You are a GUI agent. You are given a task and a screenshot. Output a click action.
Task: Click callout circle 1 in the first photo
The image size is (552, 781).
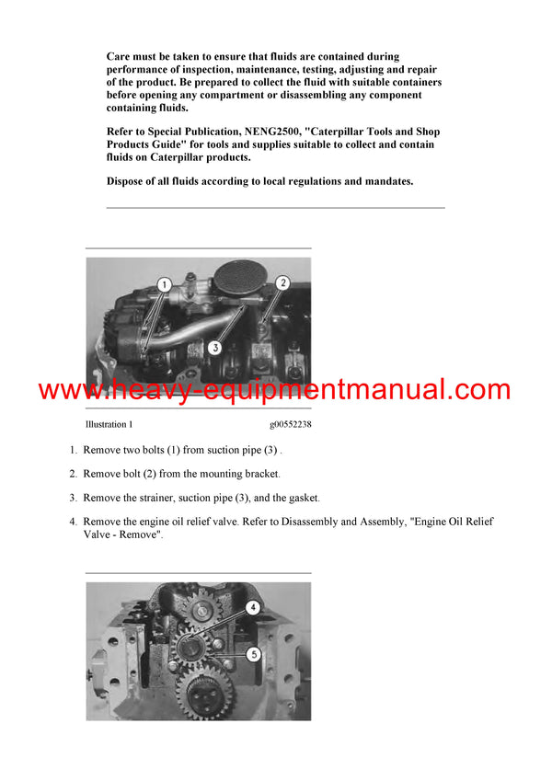pos(162,285)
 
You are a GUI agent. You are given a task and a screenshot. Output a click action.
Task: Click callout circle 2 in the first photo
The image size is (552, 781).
pos(283,283)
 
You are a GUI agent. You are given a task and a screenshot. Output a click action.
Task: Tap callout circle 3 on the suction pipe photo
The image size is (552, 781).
pos(214,348)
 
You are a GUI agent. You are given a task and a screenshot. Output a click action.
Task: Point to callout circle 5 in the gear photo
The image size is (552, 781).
pos(254,653)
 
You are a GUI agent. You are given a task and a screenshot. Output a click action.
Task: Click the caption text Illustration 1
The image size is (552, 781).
pos(109,424)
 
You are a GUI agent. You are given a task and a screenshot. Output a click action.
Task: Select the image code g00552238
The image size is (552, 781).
pos(290,424)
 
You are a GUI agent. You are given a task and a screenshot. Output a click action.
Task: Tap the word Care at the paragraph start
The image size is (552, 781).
pos(121,57)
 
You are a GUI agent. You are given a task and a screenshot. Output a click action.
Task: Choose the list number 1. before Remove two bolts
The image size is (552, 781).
pos(74,450)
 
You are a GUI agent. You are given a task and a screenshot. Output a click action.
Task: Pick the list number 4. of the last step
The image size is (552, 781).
pos(74,522)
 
